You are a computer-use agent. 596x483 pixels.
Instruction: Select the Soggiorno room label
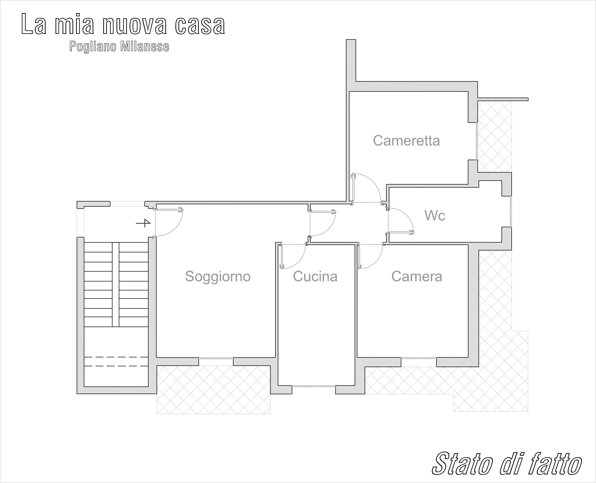[x=218, y=277]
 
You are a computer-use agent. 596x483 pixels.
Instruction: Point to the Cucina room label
[x=315, y=276]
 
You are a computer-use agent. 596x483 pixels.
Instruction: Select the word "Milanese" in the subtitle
[x=144, y=47]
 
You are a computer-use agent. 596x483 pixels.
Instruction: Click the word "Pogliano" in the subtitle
[x=93, y=47]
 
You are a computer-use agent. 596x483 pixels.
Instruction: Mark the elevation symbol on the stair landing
[x=144, y=223]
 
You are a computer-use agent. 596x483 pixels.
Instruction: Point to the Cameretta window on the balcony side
[x=477, y=141]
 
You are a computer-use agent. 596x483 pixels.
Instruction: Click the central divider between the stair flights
[x=116, y=285]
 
